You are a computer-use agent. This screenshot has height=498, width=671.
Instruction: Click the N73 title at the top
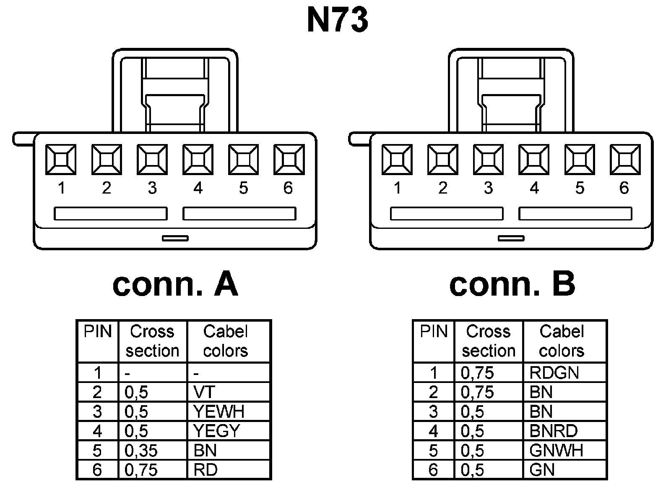[x=338, y=20]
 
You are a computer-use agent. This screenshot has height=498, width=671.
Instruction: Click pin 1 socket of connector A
[x=61, y=160]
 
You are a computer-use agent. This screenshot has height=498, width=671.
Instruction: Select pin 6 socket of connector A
[x=289, y=160]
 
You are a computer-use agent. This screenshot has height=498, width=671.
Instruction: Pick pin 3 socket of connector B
[x=488, y=160]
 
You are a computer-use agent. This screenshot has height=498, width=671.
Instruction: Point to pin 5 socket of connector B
[x=580, y=160]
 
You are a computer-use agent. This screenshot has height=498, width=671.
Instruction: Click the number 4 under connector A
[x=198, y=188]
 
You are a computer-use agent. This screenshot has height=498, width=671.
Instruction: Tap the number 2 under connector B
[x=443, y=188]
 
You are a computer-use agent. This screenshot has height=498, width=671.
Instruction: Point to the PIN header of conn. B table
[x=434, y=332]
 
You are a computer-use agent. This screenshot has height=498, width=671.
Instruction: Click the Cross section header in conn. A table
[x=152, y=341]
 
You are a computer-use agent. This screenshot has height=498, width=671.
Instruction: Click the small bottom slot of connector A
[x=175, y=238]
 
